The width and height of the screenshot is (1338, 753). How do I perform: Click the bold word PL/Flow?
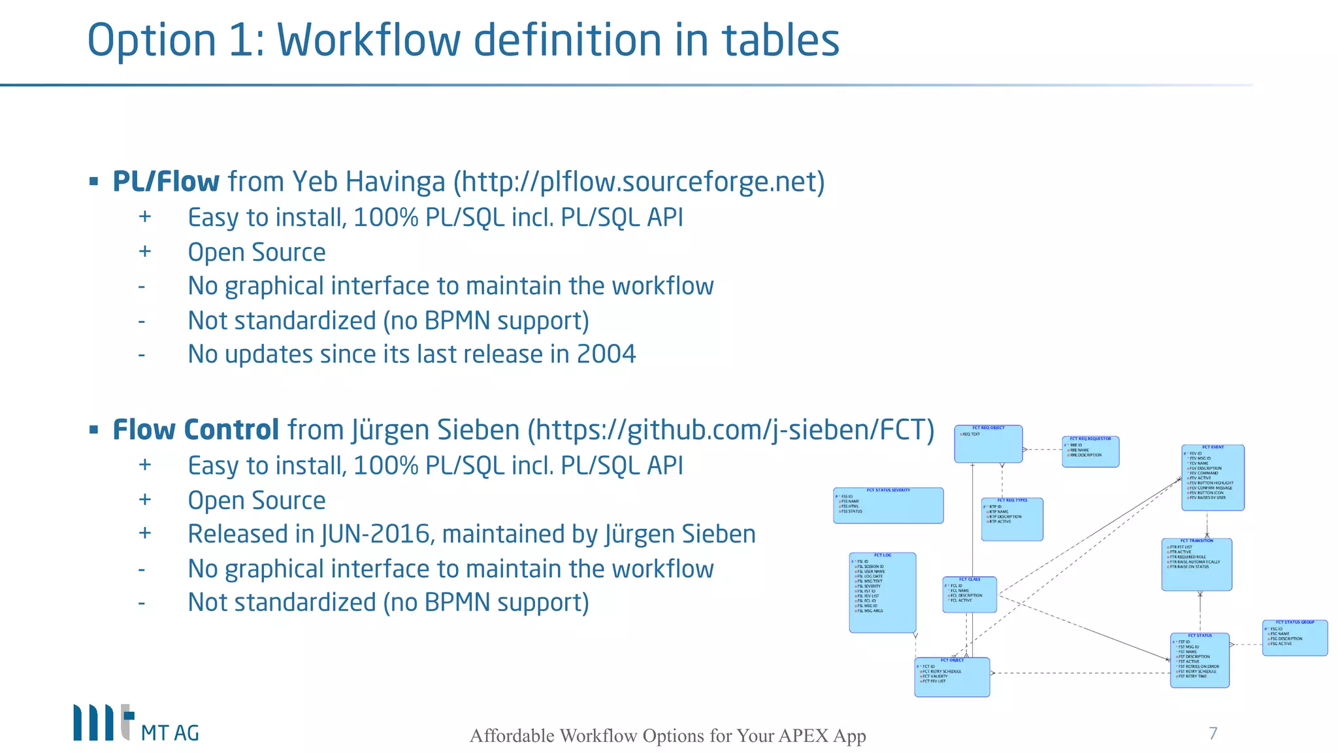(x=166, y=182)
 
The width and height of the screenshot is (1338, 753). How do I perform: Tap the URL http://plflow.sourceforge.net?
(x=639, y=182)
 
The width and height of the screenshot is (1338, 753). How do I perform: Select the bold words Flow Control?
(x=196, y=430)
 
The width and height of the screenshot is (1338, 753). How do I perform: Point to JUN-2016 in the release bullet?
(x=376, y=534)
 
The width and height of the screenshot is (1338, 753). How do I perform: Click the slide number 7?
(x=1213, y=733)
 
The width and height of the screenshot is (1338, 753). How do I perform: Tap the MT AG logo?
(x=136, y=724)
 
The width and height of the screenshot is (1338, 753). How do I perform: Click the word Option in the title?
(x=152, y=41)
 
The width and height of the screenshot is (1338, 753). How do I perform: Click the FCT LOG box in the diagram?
(x=882, y=593)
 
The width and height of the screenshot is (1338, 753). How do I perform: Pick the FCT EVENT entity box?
(x=1213, y=478)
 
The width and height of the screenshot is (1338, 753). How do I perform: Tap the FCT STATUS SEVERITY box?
(x=888, y=505)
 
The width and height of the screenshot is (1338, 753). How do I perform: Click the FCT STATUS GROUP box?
(x=1294, y=638)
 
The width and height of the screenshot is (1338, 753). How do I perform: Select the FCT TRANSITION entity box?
(x=1196, y=565)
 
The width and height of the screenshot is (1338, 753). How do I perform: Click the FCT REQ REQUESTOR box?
(x=1090, y=452)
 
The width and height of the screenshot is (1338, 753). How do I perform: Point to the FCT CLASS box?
(x=969, y=595)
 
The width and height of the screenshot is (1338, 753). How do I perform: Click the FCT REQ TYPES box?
(x=1011, y=520)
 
